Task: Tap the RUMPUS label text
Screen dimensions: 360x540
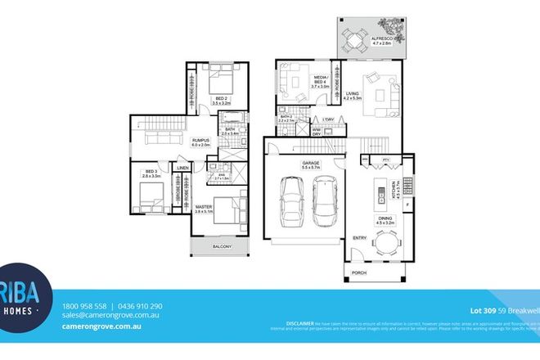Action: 200,141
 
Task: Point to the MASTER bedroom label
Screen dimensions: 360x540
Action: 204,207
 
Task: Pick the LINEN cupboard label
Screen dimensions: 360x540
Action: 182,169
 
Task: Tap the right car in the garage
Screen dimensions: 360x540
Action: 324,200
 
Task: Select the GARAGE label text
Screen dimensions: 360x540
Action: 310,164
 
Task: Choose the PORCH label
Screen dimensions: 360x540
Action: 358,272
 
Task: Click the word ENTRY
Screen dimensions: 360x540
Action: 359,238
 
